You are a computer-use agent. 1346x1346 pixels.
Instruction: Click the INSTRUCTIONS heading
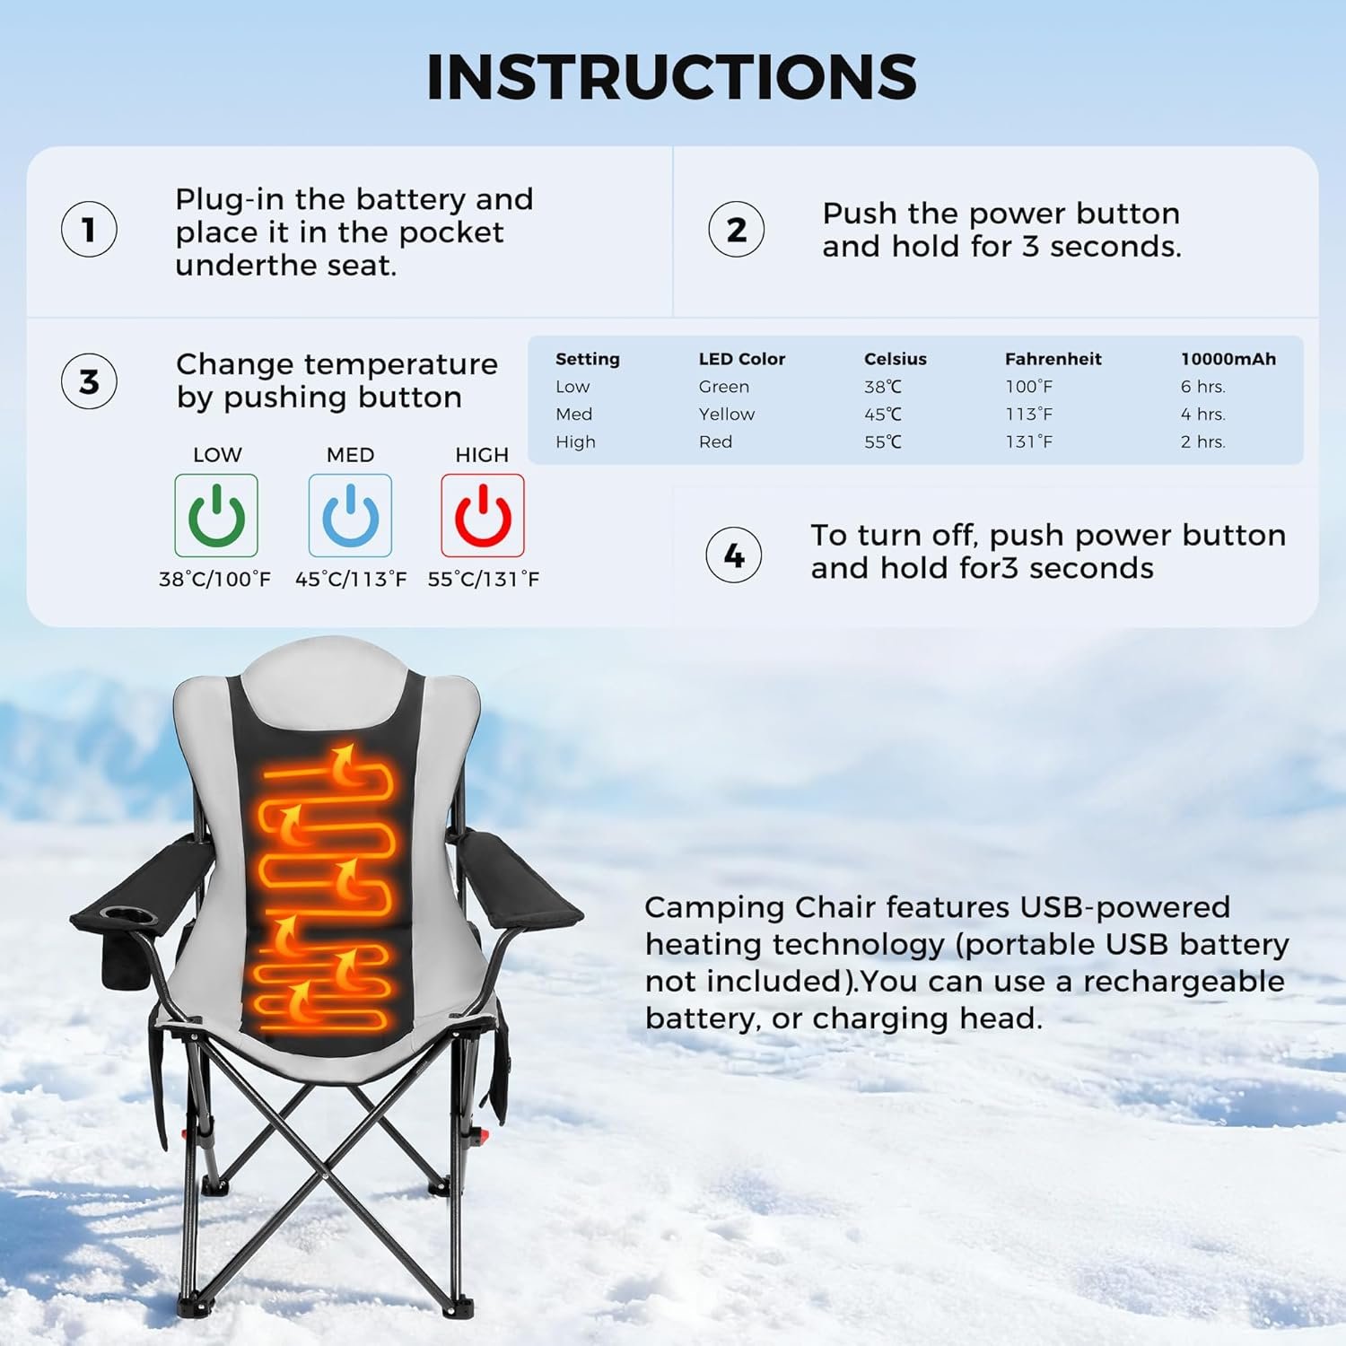point(671,76)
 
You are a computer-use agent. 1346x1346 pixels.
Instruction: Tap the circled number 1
point(89,229)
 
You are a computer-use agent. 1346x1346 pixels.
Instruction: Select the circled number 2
point(736,229)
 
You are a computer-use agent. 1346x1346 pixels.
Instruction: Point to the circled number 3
point(89,381)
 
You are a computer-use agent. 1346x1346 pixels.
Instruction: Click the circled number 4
point(734,555)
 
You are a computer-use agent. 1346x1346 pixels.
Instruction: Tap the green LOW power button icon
point(216,515)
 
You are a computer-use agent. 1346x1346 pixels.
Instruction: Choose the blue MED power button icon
point(350,515)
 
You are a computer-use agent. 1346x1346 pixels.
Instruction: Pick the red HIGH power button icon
point(483,515)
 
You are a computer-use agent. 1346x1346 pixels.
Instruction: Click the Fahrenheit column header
point(1053,359)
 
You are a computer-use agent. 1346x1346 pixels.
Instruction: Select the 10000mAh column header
point(1228,359)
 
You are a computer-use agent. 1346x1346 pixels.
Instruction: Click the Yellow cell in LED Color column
point(727,414)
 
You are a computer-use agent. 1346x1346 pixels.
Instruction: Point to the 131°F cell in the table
point(1028,441)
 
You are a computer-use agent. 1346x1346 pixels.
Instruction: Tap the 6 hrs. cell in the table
point(1203,387)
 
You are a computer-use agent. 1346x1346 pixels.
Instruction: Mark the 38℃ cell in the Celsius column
point(883,387)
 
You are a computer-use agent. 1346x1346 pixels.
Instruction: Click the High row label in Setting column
point(575,441)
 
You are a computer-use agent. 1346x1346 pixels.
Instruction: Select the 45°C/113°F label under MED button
point(351,580)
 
